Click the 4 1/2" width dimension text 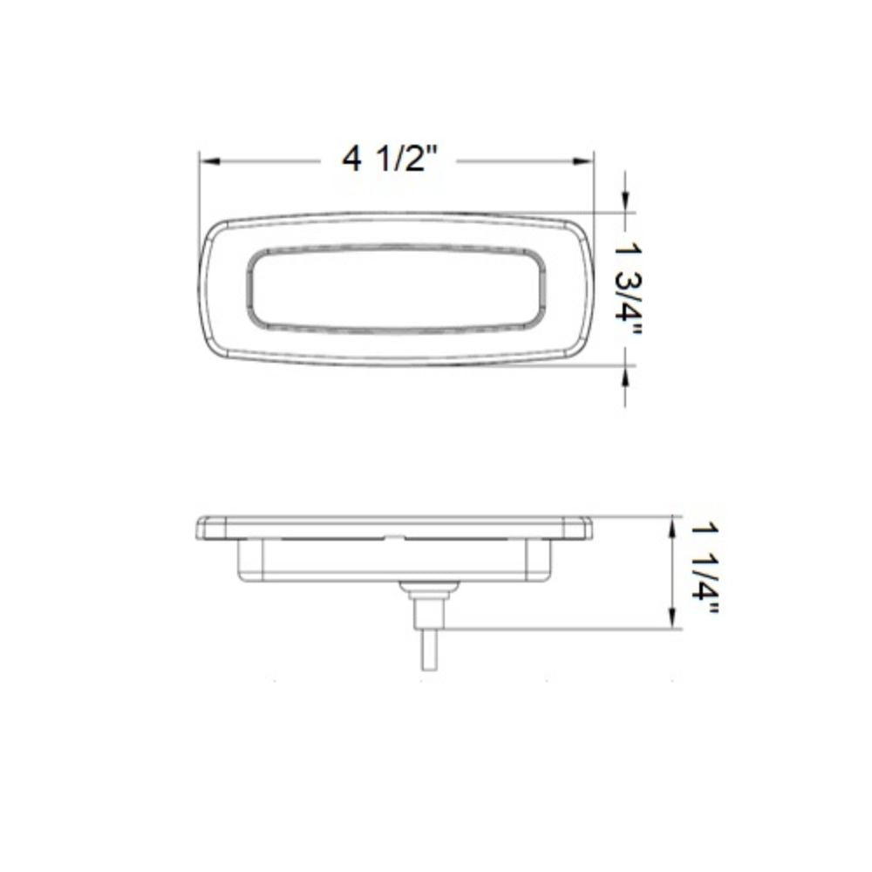pyautogui.click(x=389, y=160)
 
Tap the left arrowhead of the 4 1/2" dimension pyautogui.click(x=207, y=161)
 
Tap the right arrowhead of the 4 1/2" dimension pyautogui.click(x=586, y=161)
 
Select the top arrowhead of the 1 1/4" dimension pyautogui.click(x=672, y=523)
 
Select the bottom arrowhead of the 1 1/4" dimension pyautogui.click(x=672, y=621)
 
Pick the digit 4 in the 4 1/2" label pyautogui.click(x=351, y=160)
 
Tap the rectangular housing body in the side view pyautogui.click(x=396, y=560)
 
